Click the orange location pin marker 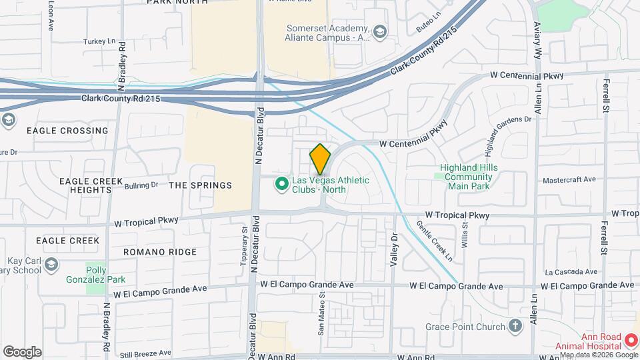click(320, 159)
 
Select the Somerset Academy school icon click(379, 32)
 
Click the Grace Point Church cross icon click(514, 327)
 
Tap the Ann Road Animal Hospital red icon click(631, 341)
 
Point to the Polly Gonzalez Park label click(97, 275)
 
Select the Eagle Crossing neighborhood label click(67, 131)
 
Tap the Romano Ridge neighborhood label click(160, 252)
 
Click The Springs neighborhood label click(200, 185)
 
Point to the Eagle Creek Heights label click(85, 185)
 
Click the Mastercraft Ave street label click(569, 180)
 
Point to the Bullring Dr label click(141, 185)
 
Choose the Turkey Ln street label click(100, 41)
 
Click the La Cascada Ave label click(571, 272)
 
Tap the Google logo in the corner click(23, 351)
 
